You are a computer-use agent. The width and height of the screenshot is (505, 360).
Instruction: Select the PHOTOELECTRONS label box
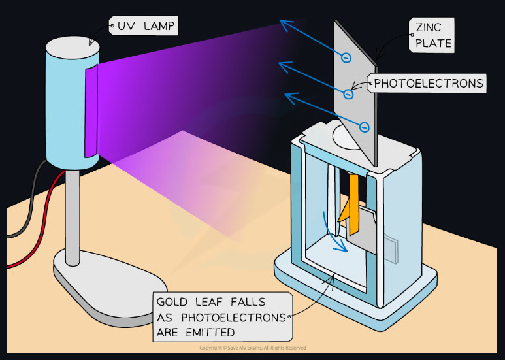coord(429,83)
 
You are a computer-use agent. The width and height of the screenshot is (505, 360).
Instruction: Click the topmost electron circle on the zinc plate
coord(346,58)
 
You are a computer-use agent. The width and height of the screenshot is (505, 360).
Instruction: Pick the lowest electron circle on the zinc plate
coord(365,127)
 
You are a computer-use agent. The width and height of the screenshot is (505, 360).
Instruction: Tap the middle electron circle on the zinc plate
coord(348,94)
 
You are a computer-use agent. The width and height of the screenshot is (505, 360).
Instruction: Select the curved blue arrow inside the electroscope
coord(336,236)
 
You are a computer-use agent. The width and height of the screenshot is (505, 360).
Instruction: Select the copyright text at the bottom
coord(252,348)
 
